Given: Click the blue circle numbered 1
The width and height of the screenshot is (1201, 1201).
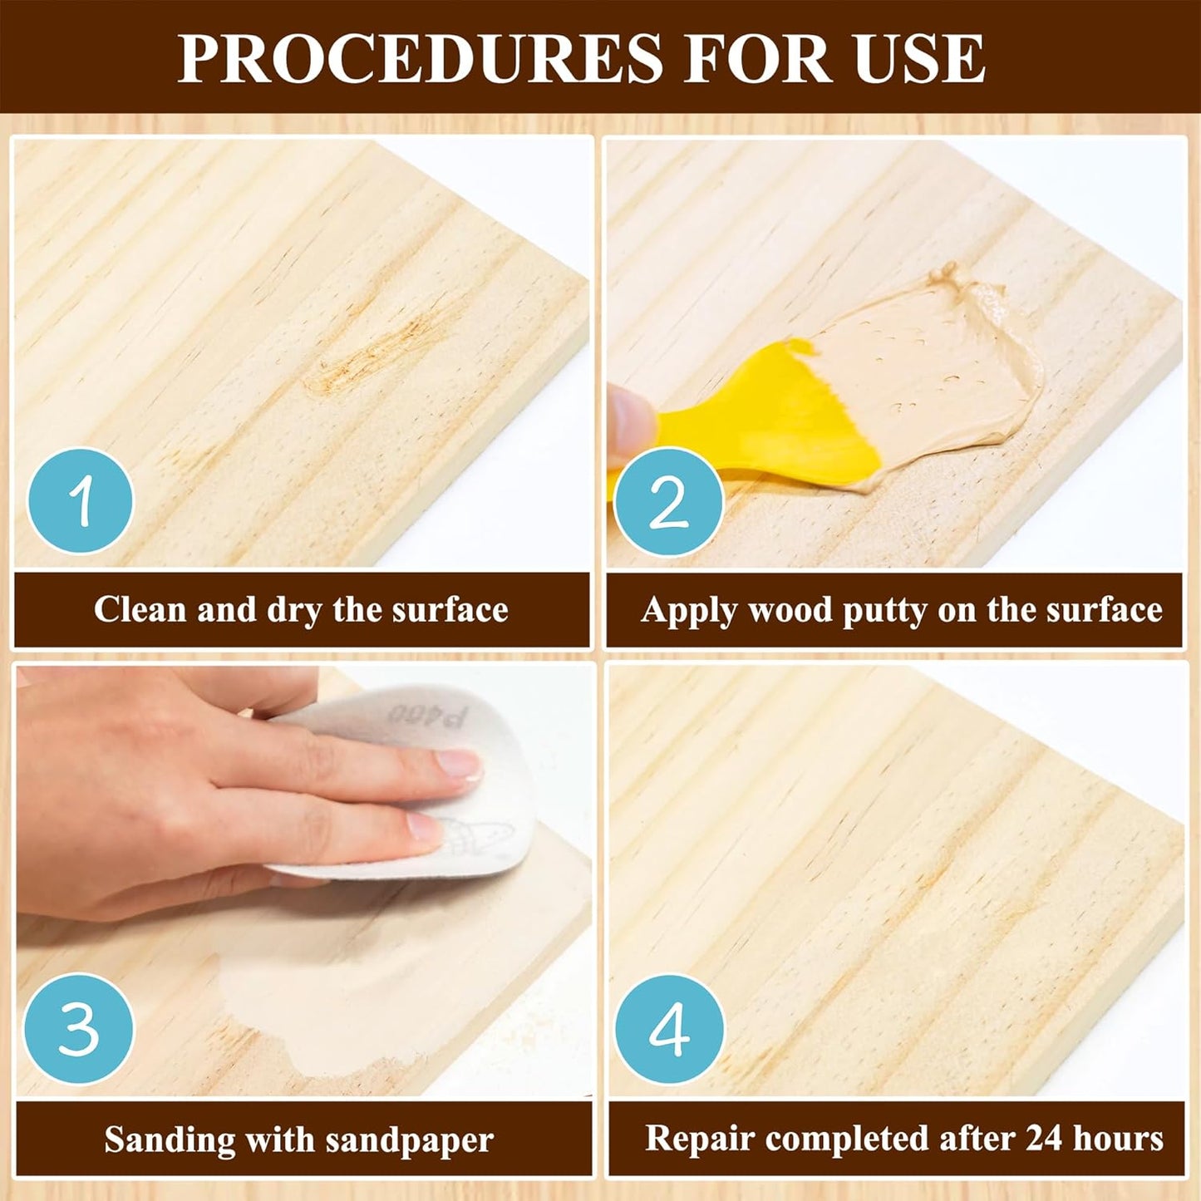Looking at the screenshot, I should (81, 501).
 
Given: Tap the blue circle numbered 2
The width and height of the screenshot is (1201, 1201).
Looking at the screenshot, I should (669, 502).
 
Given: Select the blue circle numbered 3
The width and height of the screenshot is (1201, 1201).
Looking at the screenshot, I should (78, 1028).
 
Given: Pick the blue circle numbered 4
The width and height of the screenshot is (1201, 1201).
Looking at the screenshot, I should (669, 1029).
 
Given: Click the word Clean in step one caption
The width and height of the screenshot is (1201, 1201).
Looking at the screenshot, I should (140, 609).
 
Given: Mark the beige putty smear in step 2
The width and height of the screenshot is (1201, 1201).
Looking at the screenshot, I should (931, 357).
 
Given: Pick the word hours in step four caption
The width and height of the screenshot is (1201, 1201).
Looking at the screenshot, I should (1119, 1138).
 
